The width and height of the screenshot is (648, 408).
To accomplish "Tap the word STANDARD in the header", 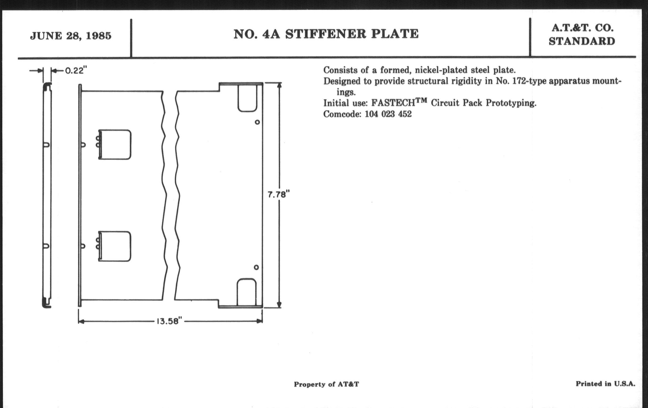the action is coord(582,42).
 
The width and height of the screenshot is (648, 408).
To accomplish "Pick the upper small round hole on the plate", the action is coord(257,122).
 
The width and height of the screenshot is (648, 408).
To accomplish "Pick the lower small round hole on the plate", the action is coord(256,267).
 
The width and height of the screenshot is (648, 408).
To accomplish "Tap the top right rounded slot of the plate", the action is coord(247,98).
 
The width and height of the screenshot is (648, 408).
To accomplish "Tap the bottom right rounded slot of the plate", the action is coord(246,293).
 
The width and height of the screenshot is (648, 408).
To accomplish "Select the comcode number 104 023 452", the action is coord(388,114).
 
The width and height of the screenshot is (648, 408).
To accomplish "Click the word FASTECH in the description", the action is coord(393,103).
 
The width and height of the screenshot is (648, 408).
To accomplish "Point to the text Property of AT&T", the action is coord(326,384).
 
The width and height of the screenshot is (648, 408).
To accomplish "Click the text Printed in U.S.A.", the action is coord(605,384).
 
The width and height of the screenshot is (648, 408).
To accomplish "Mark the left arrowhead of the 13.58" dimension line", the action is coord(81,321).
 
